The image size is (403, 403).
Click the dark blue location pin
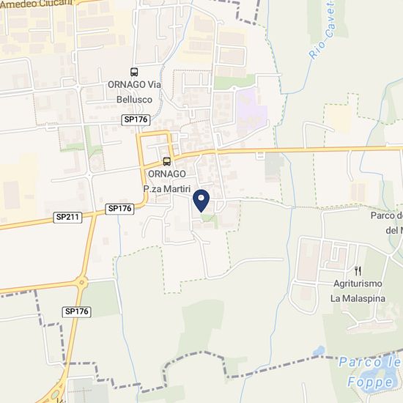(x=202, y=200)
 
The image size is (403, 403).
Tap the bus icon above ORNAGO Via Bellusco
(x=134, y=72)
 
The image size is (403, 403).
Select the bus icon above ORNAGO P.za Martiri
(x=167, y=161)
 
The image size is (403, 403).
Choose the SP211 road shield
(x=68, y=218)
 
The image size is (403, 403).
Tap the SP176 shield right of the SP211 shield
(x=119, y=209)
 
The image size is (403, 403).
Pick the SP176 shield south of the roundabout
(x=76, y=311)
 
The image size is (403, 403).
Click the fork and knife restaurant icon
(x=358, y=271)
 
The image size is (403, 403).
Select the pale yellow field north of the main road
(x=339, y=117)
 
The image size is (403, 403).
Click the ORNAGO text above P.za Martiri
(x=166, y=174)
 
